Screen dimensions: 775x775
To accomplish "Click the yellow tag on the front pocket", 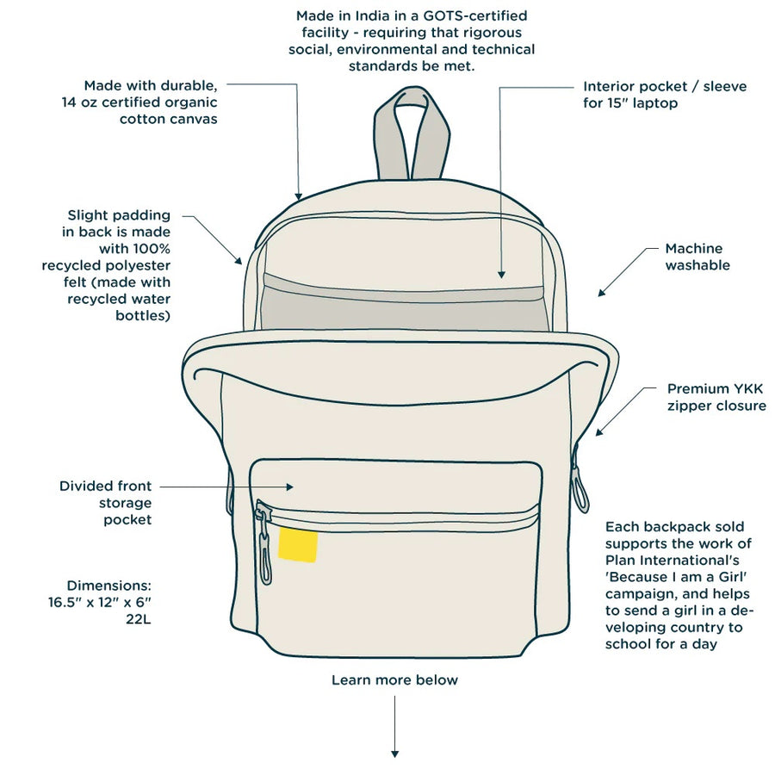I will click(x=298, y=546).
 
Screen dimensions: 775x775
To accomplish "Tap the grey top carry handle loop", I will click(x=412, y=129).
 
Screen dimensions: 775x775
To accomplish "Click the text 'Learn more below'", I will click(x=394, y=680).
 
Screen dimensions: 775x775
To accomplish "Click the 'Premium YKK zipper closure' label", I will click(x=716, y=397).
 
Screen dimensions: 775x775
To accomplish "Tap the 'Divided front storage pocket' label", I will click(x=105, y=503).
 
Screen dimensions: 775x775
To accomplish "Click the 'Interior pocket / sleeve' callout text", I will click(x=664, y=87).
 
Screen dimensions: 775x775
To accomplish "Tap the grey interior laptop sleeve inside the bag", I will click(x=405, y=306).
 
